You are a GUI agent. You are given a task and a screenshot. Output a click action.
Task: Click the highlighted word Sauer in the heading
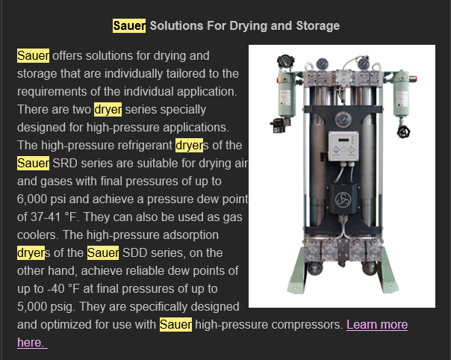(x=129, y=26)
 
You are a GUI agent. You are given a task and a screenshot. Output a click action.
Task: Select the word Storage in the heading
(x=318, y=26)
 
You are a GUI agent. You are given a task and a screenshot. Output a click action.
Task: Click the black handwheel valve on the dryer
(x=403, y=131)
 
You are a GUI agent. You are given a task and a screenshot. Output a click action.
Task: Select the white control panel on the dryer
(x=343, y=146)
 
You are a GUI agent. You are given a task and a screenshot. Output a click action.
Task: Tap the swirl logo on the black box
(x=343, y=199)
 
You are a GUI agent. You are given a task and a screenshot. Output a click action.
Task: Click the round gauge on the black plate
(x=343, y=120)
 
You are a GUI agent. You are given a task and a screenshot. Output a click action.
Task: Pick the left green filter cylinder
(x=286, y=94)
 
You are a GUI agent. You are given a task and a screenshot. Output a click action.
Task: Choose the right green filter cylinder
(x=402, y=93)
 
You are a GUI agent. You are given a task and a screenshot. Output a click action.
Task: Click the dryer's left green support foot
(x=297, y=270)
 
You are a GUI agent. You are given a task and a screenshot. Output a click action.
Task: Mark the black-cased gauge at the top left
(x=285, y=61)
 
